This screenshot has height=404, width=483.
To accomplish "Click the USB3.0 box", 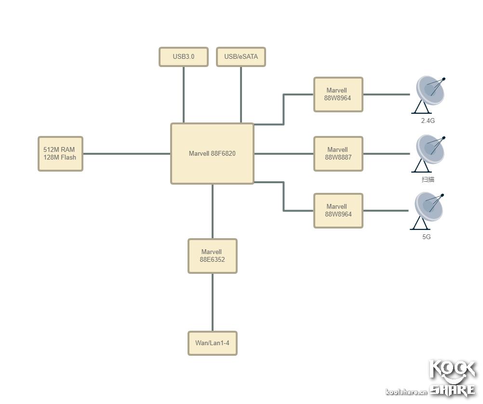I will coord(183,56).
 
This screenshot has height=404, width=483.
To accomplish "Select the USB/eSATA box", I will coord(241,56).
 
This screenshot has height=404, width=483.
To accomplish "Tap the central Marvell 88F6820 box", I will coord(212,153).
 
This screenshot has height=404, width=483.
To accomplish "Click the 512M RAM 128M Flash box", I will coord(60,153).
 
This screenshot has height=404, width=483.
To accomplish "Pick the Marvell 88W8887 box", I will coord(338,153).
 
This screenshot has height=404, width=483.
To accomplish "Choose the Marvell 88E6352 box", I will coord(212,256).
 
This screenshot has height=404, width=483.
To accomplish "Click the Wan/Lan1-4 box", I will coord(212,343).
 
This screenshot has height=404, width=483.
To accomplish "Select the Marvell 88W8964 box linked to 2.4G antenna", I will coord(338,94).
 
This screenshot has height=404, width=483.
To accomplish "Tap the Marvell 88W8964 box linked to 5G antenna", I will coord(338,210).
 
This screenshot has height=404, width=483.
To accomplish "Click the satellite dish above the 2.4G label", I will coord(429,94).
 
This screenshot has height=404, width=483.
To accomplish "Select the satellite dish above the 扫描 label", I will coord(429,152).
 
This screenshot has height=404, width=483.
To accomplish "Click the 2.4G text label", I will coord(428,121).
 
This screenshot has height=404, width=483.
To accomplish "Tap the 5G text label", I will coord(427,237).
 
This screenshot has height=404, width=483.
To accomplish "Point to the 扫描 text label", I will coord(428,179).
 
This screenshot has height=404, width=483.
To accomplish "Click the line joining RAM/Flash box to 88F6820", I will coord(126,154).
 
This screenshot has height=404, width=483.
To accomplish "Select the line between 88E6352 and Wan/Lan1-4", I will coord(213,302).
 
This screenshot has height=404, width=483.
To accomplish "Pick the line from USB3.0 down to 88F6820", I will coord(184,94).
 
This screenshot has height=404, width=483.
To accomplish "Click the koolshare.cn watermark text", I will coord(406,391).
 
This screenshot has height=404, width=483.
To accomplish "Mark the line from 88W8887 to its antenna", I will coord(386,154).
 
